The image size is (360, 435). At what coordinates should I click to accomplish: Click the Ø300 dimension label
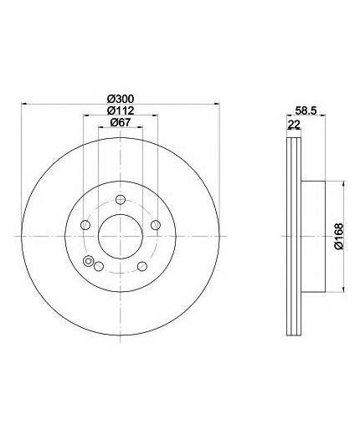click(x=121, y=99)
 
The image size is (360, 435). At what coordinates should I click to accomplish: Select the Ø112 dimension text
click(x=121, y=110)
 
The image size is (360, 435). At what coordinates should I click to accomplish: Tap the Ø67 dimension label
click(x=121, y=122)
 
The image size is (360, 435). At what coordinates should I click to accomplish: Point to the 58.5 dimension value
click(x=306, y=110)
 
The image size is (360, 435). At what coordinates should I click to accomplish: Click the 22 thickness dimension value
click(x=294, y=125)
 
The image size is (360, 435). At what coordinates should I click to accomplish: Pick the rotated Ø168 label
click(x=339, y=237)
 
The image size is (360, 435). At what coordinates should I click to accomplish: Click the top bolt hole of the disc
click(x=121, y=199)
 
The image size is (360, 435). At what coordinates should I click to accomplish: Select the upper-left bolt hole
click(x=85, y=225)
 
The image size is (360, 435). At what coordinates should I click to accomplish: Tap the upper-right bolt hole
click(x=156, y=225)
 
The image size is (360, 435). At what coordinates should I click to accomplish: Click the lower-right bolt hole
click(x=142, y=266)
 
